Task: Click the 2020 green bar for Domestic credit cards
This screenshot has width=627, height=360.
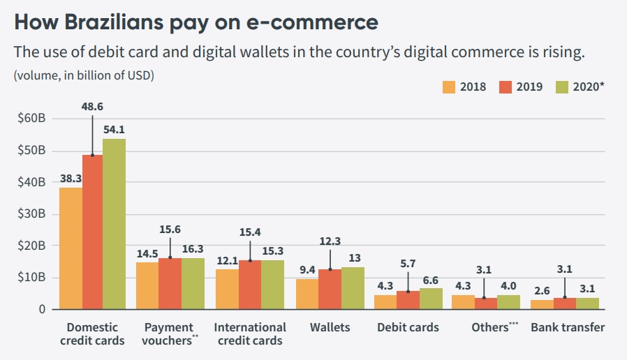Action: pyautogui.click(x=115, y=223)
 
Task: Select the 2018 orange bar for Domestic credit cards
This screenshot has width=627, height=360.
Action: pyautogui.click(x=71, y=248)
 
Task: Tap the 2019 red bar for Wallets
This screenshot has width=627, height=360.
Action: pyautogui.click(x=330, y=289)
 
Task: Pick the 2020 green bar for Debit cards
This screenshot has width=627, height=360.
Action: pyautogui.click(x=431, y=298)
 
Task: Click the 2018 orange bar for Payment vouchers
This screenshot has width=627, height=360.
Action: pyautogui.click(x=147, y=285)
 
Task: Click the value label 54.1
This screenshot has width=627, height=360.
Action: pyautogui.click(x=115, y=129)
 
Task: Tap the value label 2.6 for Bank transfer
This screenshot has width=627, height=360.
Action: pyautogui.click(x=540, y=290)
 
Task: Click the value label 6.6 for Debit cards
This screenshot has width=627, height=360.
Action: pyautogui.click(x=431, y=278)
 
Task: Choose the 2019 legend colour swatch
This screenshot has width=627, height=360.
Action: pyautogui.click(x=506, y=87)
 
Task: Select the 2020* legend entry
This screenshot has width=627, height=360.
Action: pyautogui.click(x=580, y=87)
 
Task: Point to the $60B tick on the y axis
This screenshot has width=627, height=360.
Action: pyautogui.click(x=32, y=119)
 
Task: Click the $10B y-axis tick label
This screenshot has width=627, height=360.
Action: pyautogui.click(x=32, y=277)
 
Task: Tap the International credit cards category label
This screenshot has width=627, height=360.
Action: pyautogui.click(x=250, y=333)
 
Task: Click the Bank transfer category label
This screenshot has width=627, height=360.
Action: pyautogui.click(x=568, y=327)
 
